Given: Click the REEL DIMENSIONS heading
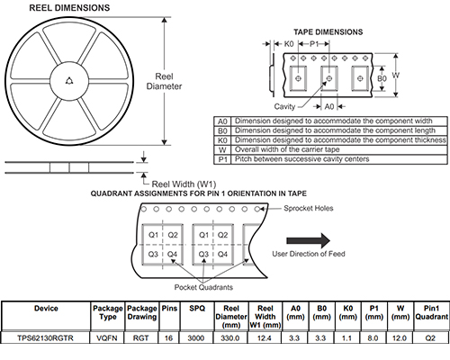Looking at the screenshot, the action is pos(69,8).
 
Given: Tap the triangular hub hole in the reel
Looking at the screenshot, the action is pos(69,81).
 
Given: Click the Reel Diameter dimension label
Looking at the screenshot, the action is pos(164,81).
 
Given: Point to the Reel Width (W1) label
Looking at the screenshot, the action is pos(184,184).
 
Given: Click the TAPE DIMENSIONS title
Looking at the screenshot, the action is pos(328,32).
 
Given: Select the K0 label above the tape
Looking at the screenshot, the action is pos(289,44).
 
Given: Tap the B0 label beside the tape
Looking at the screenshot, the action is pos(382,78).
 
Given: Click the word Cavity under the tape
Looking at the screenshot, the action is pos(284,106).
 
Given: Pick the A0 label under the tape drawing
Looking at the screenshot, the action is pos(329,106).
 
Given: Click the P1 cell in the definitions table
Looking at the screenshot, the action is pos(222,159).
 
